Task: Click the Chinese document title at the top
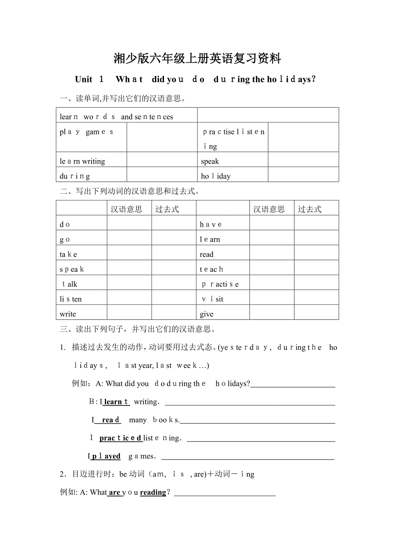197,58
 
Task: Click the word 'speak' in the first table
210,161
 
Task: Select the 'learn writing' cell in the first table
82,161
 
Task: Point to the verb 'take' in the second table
69,254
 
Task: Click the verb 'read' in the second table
207,254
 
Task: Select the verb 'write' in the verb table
68,314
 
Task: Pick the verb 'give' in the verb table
207,314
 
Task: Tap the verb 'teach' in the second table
211,269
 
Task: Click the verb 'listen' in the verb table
71,299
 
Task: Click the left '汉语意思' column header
126,209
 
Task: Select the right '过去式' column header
310,209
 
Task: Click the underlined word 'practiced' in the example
120,438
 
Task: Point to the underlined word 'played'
106,456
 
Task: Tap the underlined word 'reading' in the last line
153,492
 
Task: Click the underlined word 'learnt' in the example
115,402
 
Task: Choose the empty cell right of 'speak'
303,161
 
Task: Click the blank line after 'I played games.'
247,457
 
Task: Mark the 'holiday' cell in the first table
216,176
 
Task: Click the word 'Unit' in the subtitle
84,79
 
